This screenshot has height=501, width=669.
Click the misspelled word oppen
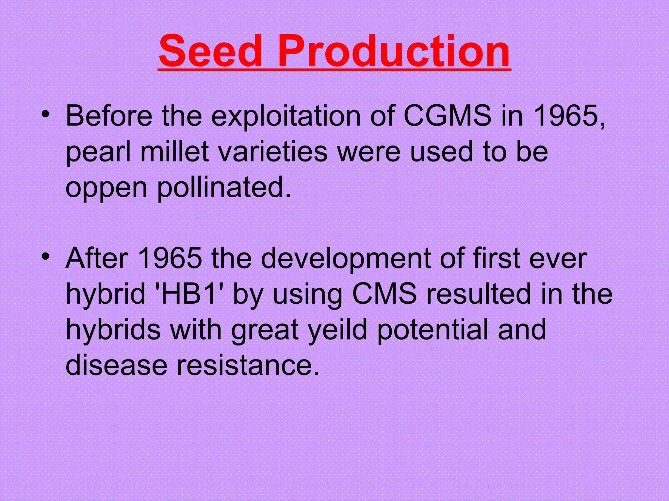(106, 188)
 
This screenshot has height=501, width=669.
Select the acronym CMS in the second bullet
(384, 294)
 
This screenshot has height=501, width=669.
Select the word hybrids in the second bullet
(113, 329)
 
